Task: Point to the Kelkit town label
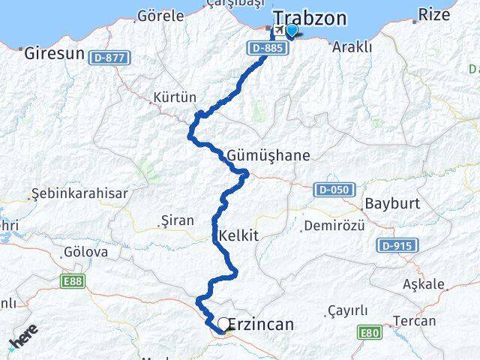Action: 238,235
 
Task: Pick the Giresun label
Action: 53,53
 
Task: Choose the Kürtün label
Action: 174,97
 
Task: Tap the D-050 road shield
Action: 331,189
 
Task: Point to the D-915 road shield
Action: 398,245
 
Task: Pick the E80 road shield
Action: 369,332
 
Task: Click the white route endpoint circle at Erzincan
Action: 223,324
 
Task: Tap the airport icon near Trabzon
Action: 278,29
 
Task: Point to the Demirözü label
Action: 338,225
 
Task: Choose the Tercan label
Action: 435,320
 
